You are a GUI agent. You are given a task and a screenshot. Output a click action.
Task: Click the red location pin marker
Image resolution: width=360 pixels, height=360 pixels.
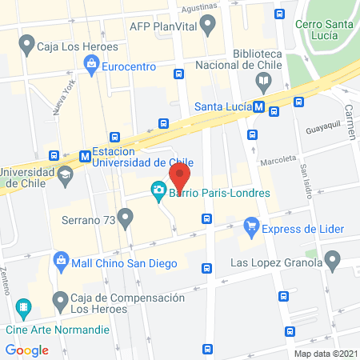coord(180,175)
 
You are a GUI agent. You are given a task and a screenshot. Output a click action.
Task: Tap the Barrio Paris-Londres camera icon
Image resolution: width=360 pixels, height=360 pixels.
coord(158,190)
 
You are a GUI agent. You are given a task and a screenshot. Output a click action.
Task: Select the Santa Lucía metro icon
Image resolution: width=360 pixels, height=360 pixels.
coord(259,106)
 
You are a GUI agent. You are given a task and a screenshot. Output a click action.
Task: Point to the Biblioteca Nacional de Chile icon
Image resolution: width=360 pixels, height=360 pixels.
coord(263,80)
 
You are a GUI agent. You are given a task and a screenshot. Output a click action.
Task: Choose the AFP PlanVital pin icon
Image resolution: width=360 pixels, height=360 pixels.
coord(209,26)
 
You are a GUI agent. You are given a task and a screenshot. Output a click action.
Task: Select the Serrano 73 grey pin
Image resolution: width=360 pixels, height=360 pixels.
coord(125,217)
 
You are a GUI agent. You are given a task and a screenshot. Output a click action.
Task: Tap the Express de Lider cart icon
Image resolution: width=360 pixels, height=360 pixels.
coord(252,227)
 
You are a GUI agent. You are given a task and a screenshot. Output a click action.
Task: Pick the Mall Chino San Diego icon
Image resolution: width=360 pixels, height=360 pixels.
coord(61,259)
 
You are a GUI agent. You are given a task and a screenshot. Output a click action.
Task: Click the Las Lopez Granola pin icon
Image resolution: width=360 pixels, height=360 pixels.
coord(333,259)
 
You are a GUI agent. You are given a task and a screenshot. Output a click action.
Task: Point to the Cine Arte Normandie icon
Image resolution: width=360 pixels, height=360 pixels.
coord(24,306)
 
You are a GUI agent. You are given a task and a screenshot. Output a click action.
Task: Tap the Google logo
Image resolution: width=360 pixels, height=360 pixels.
coord(26,350)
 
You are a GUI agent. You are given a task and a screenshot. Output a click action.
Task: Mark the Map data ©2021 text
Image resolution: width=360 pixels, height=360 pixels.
coord(324,353)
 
